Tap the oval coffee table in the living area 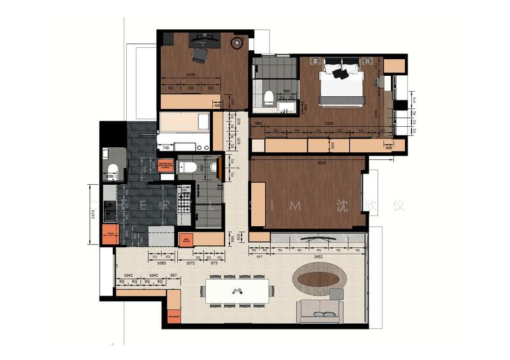click(320, 278)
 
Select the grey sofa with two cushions click(320, 310)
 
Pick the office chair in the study click(200, 56)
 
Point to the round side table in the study click(237, 43)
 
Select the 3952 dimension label click(325, 257)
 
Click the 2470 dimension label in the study click(190, 75)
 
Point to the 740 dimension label click(166, 148)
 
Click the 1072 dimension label click(190, 263)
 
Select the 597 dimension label click(173, 276)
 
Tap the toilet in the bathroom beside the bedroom click(268, 97)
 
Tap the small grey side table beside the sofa click(336, 293)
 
